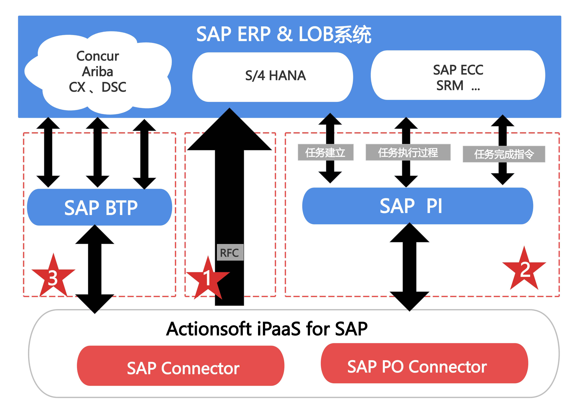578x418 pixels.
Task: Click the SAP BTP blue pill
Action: (x=99, y=207)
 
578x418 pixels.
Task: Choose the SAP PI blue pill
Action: (x=417, y=206)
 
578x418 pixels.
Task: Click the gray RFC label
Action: (x=230, y=252)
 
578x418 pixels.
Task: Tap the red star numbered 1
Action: (x=208, y=278)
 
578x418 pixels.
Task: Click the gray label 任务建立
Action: (x=325, y=152)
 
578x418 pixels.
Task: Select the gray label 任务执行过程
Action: (x=408, y=152)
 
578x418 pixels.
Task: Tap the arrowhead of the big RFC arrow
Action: (x=229, y=130)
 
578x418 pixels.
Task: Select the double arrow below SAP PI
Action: (x=409, y=267)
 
